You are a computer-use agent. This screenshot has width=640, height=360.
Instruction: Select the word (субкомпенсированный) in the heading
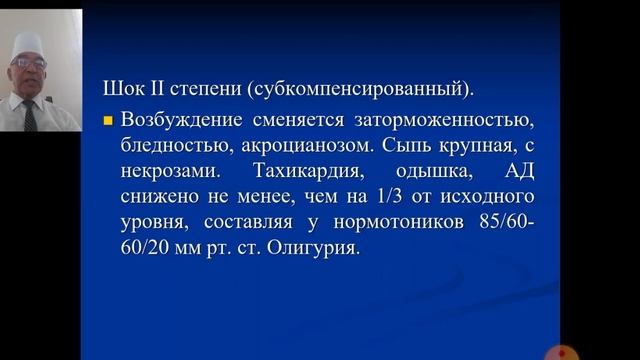pos(285,88)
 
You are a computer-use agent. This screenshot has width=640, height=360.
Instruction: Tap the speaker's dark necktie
pos(31,113)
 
